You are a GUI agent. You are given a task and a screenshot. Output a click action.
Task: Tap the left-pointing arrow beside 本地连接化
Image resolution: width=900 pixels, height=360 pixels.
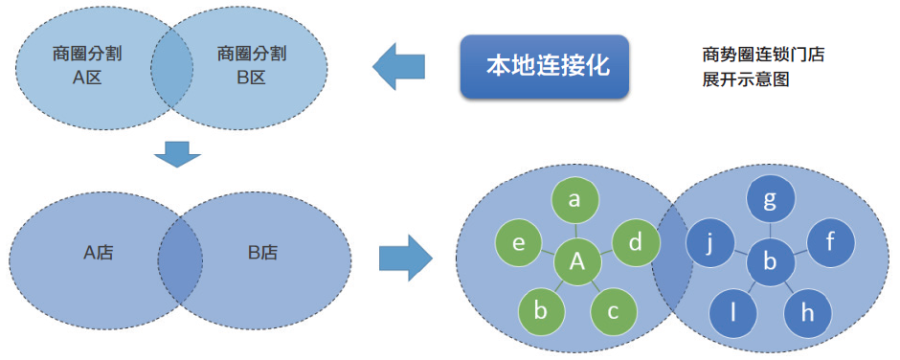tap(398, 67)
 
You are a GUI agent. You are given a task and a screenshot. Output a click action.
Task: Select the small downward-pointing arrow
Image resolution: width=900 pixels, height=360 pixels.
tap(177, 152)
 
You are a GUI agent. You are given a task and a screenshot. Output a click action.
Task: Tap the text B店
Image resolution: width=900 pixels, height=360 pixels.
tap(262, 253)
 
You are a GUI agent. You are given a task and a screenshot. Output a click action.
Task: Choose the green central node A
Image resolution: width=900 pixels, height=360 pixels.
tap(577, 260)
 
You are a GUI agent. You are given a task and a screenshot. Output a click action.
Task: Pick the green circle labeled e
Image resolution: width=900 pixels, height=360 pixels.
tap(518, 243)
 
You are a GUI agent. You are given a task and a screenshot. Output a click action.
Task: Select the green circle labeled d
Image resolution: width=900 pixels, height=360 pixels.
tap(635, 243)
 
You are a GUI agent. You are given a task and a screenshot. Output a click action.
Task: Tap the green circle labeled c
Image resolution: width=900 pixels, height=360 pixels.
tap(614, 312)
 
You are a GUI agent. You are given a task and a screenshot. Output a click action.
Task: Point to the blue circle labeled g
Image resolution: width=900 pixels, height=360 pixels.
tap(769, 200)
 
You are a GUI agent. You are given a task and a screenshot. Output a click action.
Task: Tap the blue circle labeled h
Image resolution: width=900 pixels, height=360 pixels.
tap(807, 312)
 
